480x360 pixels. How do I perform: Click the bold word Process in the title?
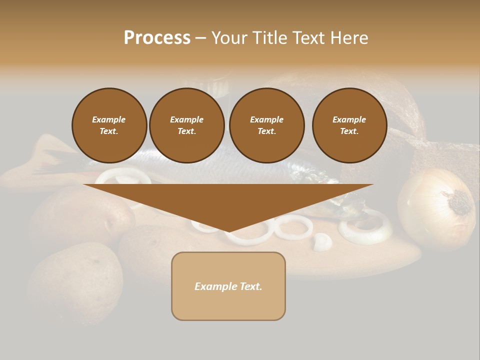pos(157,38)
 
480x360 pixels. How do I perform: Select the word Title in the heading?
pos(269,38)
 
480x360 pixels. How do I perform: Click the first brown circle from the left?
pos(109,125)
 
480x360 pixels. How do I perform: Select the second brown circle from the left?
pos(186,125)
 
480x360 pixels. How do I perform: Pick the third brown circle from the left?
pos(266,125)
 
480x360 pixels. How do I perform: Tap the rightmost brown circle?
pos(349,125)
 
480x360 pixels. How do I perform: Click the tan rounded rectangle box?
pos(228,286)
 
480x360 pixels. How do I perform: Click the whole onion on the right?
pos(436,207)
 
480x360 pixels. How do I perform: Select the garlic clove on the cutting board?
pos(322,242)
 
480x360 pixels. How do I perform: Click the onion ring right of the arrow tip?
pos(294,227)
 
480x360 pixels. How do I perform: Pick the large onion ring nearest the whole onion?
pos(365,227)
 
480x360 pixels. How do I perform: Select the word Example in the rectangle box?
pos(213,286)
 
